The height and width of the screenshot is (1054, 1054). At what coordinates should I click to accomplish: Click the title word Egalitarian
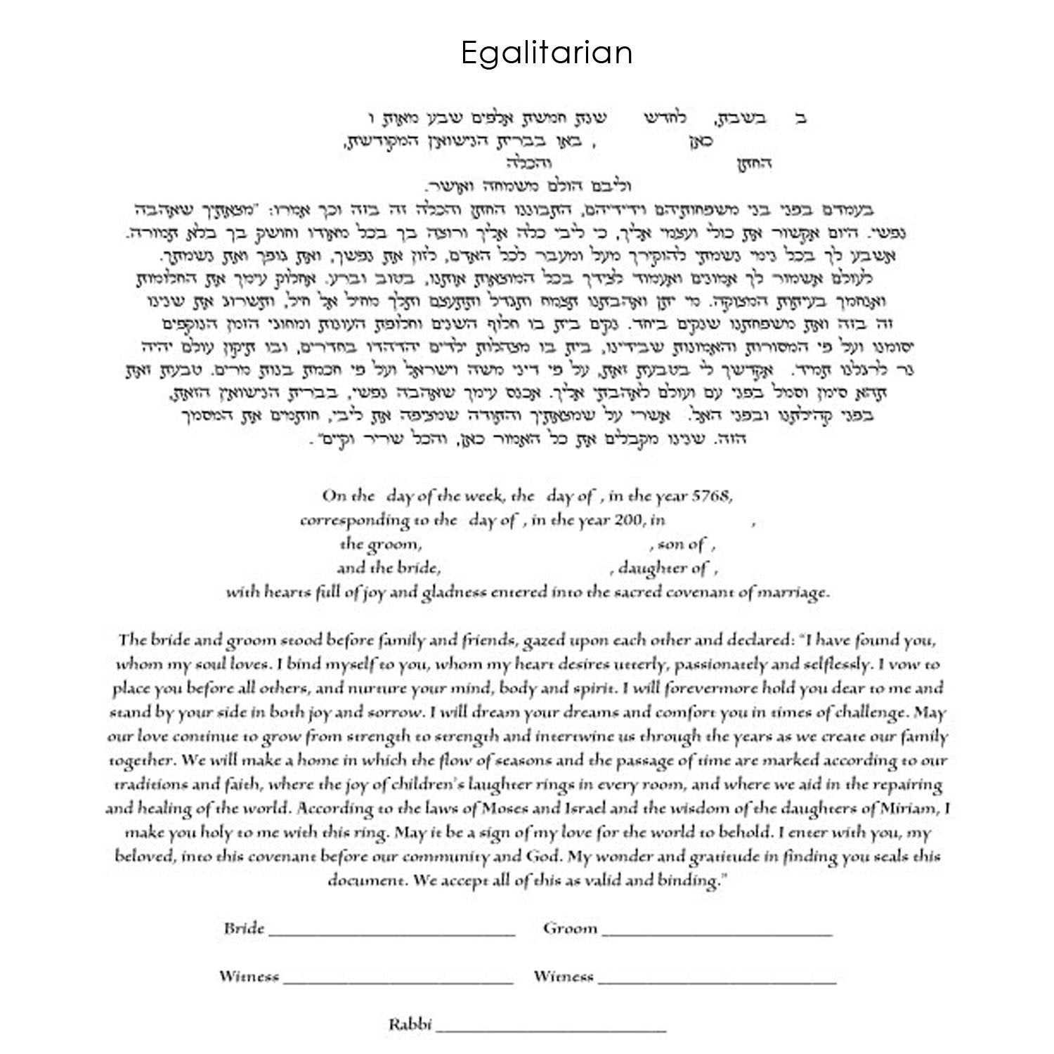pos(547,53)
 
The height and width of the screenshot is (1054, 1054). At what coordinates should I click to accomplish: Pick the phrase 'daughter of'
pos(663,568)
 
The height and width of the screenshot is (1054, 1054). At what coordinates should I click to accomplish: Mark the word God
pos(544,857)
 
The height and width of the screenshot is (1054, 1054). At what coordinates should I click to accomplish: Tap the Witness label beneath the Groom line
pos(563,976)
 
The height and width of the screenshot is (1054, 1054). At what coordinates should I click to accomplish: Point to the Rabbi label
pos(410,1024)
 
